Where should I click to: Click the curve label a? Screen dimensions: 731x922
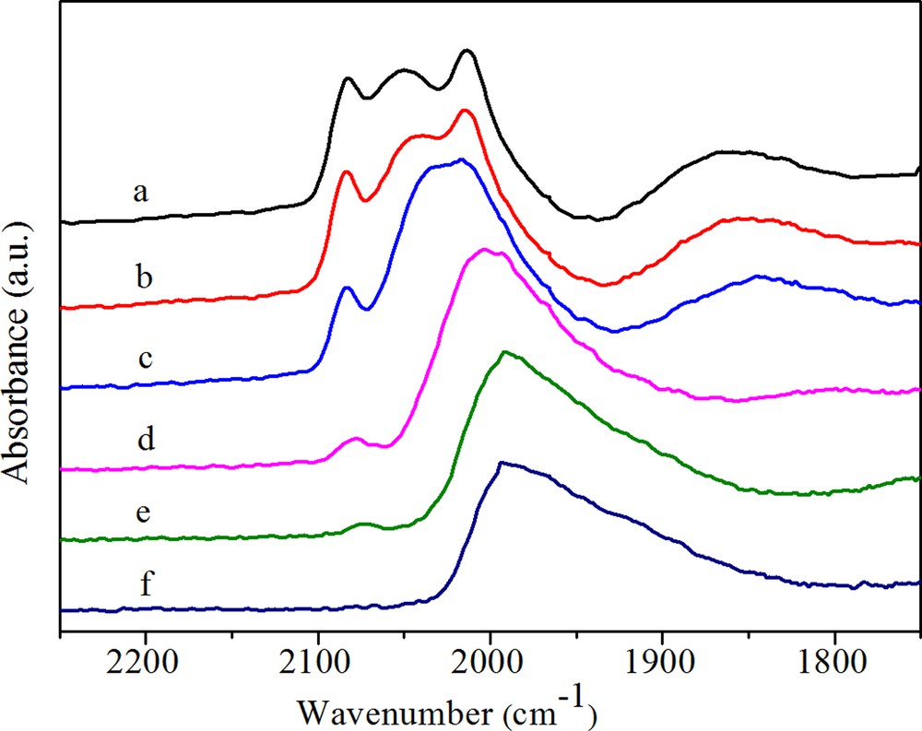[x=140, y=193]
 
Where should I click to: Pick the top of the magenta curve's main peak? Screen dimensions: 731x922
[x=484, y=249]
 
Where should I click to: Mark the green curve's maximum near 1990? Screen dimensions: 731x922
[x=504, y=351]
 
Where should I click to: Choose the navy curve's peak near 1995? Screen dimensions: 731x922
[x=501, y=463]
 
